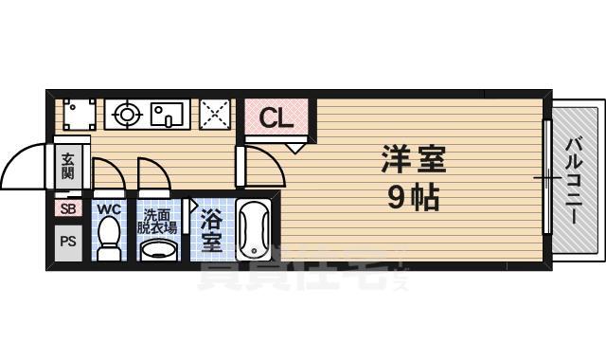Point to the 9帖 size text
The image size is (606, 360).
pos(414,199)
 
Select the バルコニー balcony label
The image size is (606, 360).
pos(574,180)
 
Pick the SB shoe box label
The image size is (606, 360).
pos(67,208)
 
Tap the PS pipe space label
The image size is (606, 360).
pos(67,241)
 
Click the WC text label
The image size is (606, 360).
pos(108,208)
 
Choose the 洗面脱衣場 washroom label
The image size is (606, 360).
pos(156,221)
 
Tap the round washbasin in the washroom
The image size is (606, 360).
pos(157,250)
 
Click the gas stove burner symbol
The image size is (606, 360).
pos(125,116)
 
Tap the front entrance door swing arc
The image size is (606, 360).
pos(27,166)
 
